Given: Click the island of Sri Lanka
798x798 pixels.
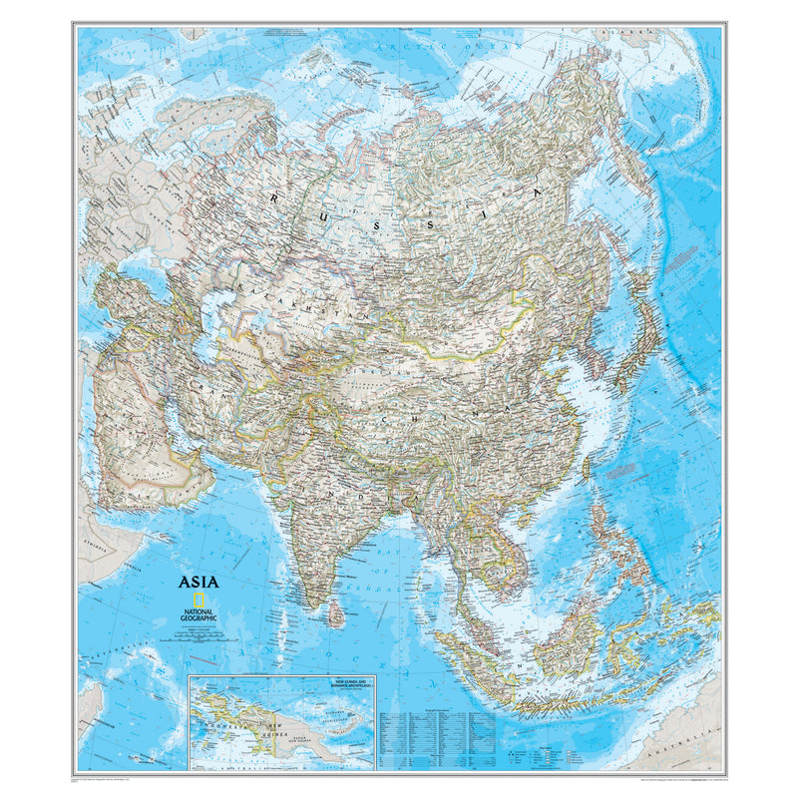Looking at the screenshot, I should pyautogui.click(x=336, y=614).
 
